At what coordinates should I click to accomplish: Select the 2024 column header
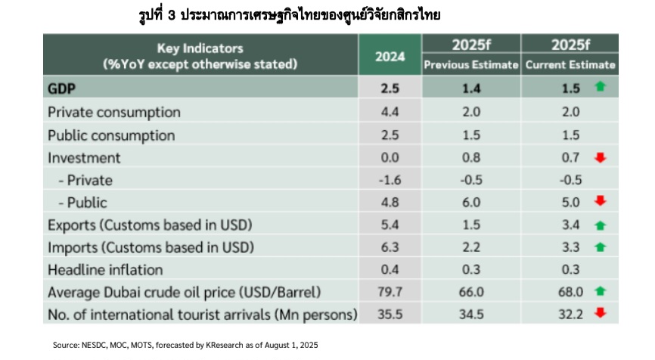pyautogui.click(x=390, y=56)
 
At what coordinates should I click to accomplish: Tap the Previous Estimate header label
pyautogui.click(x=470, y=65)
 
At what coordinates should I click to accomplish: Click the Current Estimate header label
pyautogui.click(x=570, y=65)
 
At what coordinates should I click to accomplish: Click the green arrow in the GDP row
pyautogui.click(x=601, y=88)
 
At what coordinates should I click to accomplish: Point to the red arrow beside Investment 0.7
pyautogui.click(x=601, y=158)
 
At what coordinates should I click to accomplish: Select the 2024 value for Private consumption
pyautogui.click(x=390, y=113)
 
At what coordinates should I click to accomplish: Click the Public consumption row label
pyautogui.click(x=111, y=135)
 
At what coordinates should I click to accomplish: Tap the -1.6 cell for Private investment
pyautogui.click(x=390, y=180)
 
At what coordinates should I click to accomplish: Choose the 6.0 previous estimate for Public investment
pyautogui.click(x=470, y=203)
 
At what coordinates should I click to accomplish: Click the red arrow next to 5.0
pyautogui.click(x=601, y=202)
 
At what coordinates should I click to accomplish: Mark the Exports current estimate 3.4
pyautogui.click(x=571, y=225)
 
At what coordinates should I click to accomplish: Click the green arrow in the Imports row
pyautogui.click(x=601, y=247)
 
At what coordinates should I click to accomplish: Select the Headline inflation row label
pyautogui.click(x=105, y=270)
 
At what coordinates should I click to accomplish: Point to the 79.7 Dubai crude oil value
pyautogui.click(x=390, y=292)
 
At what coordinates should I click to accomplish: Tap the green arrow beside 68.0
pyautogui.click(x=601, y=291)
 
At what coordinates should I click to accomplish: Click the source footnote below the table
pyautogui.click(x=185, y=345)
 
